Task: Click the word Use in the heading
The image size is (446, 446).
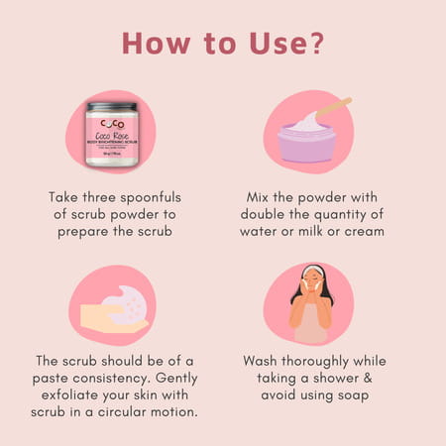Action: click(274, 44)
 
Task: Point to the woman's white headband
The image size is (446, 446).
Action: click(313, 270)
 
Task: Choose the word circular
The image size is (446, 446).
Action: click(122, 413)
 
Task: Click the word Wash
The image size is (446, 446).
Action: click(264, 360)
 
